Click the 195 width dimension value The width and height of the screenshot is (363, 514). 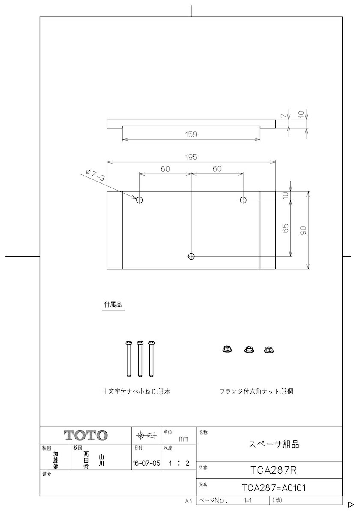(191, 157)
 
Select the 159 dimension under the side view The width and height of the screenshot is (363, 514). (191, 134)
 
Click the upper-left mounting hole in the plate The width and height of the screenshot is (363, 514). (140, 200)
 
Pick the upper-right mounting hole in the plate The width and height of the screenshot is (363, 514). (243, 200)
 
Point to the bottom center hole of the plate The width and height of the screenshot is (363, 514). (191, 256)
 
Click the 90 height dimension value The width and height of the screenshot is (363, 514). (303, 230)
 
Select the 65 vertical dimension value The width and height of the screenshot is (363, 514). (286, 228)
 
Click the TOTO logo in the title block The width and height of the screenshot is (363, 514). (86, 436)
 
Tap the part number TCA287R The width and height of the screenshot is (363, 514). (274, 470)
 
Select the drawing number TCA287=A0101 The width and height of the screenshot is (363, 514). (274, 488)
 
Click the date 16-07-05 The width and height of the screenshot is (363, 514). (146, 463)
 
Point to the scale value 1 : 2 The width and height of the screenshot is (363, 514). (179, 463)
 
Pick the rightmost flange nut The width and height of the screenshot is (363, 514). (269, 349)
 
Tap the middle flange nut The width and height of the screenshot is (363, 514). (249, 349)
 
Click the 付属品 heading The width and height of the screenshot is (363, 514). (113, 304)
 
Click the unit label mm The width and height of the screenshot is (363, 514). (183, 439)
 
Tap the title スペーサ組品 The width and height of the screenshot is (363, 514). (274, 444)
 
